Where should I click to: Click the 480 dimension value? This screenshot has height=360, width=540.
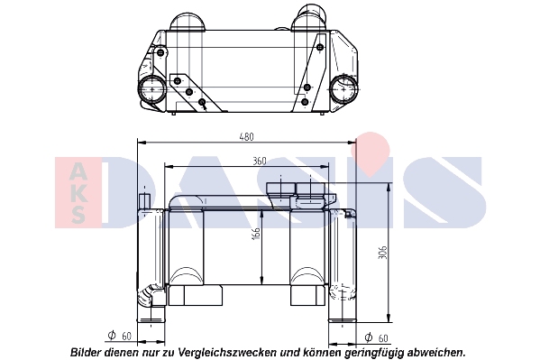click(x=247, y=137)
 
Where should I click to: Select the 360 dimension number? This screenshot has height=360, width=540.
click(x=260, y=161)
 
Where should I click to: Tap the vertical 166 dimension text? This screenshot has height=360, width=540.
click(x=256, y=234)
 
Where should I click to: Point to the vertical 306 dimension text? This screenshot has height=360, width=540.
click(x=382, y=253)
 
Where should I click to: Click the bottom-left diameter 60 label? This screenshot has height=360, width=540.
click(x=120, y=336)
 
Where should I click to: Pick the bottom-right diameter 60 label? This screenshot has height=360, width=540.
click(x=376, y=337)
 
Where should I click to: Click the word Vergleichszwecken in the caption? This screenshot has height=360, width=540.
click(x=227, y=353)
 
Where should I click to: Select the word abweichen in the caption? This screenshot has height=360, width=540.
click(x=435, y=353)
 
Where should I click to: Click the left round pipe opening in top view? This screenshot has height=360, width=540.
click(x=151, y=89)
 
